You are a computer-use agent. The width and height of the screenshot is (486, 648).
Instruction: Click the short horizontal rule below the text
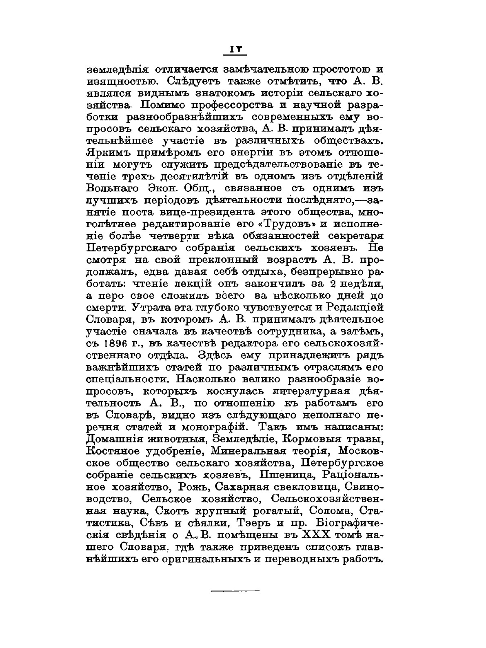235,590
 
